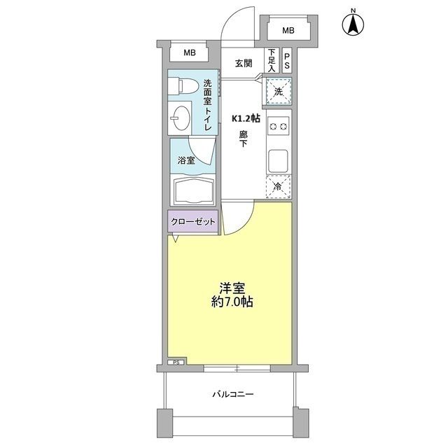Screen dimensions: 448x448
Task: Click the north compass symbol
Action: point(353,24)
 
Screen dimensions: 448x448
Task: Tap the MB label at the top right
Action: point(288,30)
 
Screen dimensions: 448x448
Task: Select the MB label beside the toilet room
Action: point(189,53)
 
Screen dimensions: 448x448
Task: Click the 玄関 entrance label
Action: point(243,64)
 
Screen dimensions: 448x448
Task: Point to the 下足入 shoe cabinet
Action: point(272,60)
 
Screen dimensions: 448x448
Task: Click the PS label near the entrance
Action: point(287,60)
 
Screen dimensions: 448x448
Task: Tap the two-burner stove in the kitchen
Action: point(277,127)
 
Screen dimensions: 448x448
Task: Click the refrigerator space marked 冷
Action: point(277,187)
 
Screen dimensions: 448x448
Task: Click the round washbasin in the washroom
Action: point(182,118)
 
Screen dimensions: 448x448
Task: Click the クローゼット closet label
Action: point(193,222)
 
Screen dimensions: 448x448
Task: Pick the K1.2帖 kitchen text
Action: point(246,119)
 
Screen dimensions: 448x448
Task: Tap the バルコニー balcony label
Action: point(233,394)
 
